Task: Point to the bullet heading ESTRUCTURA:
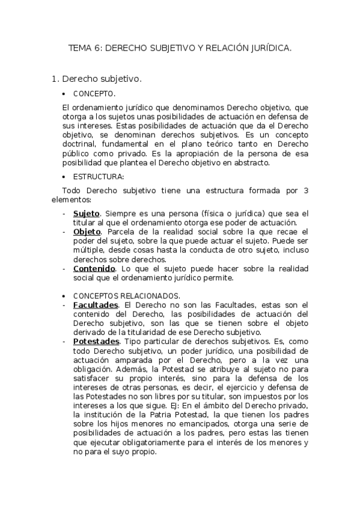tap(98, 177)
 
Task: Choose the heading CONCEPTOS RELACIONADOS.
tap(126, 296)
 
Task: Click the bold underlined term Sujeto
tap(87, 214)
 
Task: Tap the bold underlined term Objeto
tap(87, 232)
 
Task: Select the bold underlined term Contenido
tap(94, 268)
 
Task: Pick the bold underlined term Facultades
tap(95, 306)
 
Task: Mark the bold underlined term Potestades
tap(96, 342)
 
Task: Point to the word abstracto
tap(252, 162)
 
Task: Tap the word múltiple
tap(89, 250)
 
